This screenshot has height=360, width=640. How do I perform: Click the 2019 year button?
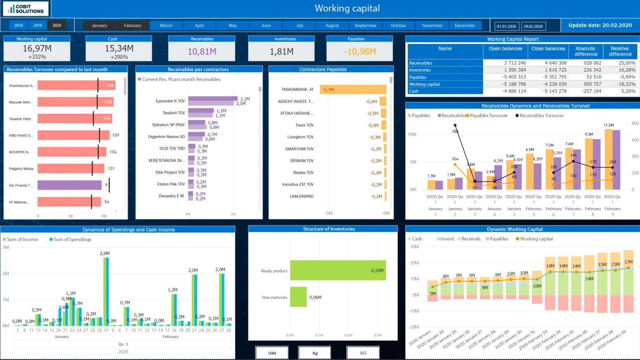pos(38,26)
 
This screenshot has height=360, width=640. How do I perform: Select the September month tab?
pos(365,26)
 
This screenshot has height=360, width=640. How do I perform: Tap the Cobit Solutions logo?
pos(26,9)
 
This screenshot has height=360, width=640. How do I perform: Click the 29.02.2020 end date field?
pos(533,26)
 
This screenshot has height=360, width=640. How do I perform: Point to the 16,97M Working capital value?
pos(37,48)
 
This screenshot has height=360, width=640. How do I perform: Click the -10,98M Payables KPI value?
pos(360,51)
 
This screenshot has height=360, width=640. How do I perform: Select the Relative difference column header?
pos(620,51)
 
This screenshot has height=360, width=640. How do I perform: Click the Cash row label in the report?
pos(414,91)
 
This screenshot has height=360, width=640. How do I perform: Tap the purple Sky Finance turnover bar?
pos(70,185)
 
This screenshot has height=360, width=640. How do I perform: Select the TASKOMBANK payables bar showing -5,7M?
pos(353,90)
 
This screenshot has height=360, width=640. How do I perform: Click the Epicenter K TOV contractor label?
pos(170,101)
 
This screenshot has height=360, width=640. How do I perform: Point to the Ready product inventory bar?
pos(338,270)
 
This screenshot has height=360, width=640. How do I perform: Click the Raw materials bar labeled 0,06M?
pos(298,297)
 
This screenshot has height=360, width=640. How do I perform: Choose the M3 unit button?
pos(363,353)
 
